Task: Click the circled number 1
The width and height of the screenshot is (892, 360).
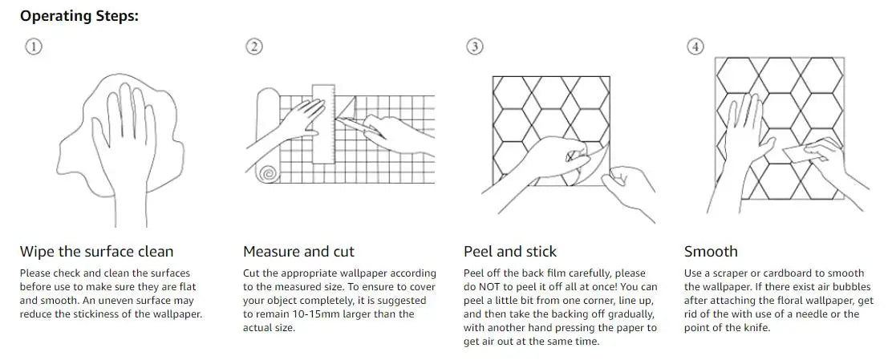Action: [34, 47]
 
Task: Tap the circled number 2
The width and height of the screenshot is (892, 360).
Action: [254, 47]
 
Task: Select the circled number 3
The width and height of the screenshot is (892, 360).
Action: [475, 47]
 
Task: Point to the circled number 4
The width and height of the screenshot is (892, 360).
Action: [695, 47]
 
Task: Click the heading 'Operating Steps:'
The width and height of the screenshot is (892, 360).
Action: [79, 16]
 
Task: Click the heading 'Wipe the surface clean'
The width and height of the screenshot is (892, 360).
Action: [97, 252]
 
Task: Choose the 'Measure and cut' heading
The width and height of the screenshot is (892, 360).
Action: [298, 252]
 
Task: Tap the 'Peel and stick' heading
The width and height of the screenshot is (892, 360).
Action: [509, 252]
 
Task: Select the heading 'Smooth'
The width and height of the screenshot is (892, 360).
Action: [711, 252]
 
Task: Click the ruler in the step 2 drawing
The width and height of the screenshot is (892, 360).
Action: [323, 124]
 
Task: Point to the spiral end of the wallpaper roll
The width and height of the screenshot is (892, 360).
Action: [266, 173]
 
